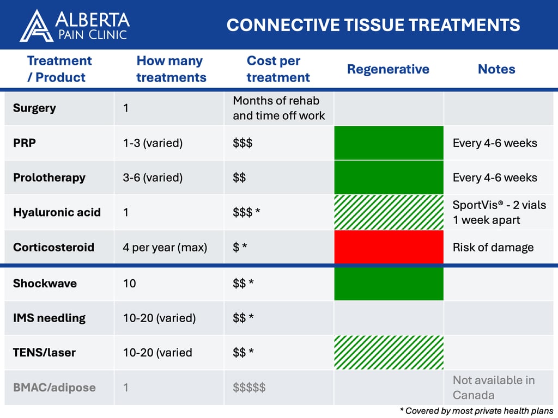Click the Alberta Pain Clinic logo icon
point(37,26)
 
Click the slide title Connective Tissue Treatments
point(373,25)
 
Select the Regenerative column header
point(388,69)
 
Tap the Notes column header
point(496,69)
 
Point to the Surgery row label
point(34,108)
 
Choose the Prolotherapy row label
point(49,177)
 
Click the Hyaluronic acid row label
point(57,212)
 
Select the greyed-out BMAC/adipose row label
point(54,388)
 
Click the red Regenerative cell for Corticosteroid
point(389,247)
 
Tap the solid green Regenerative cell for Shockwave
point(389,283)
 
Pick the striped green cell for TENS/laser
point(389,352)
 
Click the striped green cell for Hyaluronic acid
point(389,212)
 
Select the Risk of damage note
point(493,247)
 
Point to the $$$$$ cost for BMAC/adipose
point(249,388)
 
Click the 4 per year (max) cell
point(165,247)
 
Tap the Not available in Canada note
point(494,387)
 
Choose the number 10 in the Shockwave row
point(129,283)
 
